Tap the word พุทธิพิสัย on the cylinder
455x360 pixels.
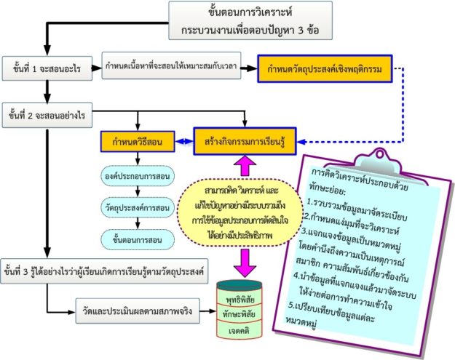coord(240,298)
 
